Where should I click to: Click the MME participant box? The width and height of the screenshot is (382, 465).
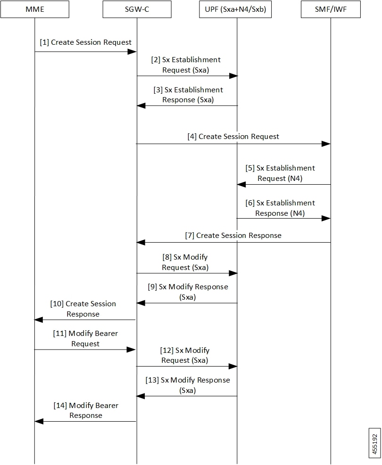[x=35, y=9]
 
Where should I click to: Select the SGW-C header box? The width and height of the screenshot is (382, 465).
[x=137, y=9]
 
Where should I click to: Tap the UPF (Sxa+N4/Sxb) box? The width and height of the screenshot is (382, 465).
[x=235, y=9]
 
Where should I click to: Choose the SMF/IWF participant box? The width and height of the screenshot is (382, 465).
[x=331, y=9]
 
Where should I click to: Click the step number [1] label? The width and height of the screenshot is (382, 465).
[x=44, y=42]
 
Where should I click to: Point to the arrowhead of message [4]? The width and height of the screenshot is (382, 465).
[x=326, y=144]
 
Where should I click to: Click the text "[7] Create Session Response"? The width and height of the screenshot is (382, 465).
[x=233, y=236]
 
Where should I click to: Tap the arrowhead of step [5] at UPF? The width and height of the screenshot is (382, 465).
[x=241, y=185]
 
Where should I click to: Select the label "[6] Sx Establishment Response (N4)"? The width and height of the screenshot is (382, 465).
[x=280, y=208]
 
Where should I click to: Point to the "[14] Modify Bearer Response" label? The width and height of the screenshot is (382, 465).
[x=86, y=410]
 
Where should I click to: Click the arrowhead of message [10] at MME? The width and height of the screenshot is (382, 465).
[x=39, y=320]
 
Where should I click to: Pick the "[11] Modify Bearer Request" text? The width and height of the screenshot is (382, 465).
[x=85, y=338]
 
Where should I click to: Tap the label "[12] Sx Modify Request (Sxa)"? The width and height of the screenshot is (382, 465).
[x=184, y=355]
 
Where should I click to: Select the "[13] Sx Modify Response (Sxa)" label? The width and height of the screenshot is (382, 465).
[x=188, y=385]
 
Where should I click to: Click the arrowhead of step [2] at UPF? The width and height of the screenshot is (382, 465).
[x=233, y=76]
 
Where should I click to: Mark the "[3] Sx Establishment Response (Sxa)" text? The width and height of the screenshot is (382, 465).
[x=188, y=95]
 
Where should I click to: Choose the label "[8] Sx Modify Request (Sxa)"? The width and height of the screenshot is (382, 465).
[x=185, y=262]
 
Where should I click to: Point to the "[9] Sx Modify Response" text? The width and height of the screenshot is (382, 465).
[x=188, y=287]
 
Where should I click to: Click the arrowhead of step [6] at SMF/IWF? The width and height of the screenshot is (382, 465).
[x=326, y=218]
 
